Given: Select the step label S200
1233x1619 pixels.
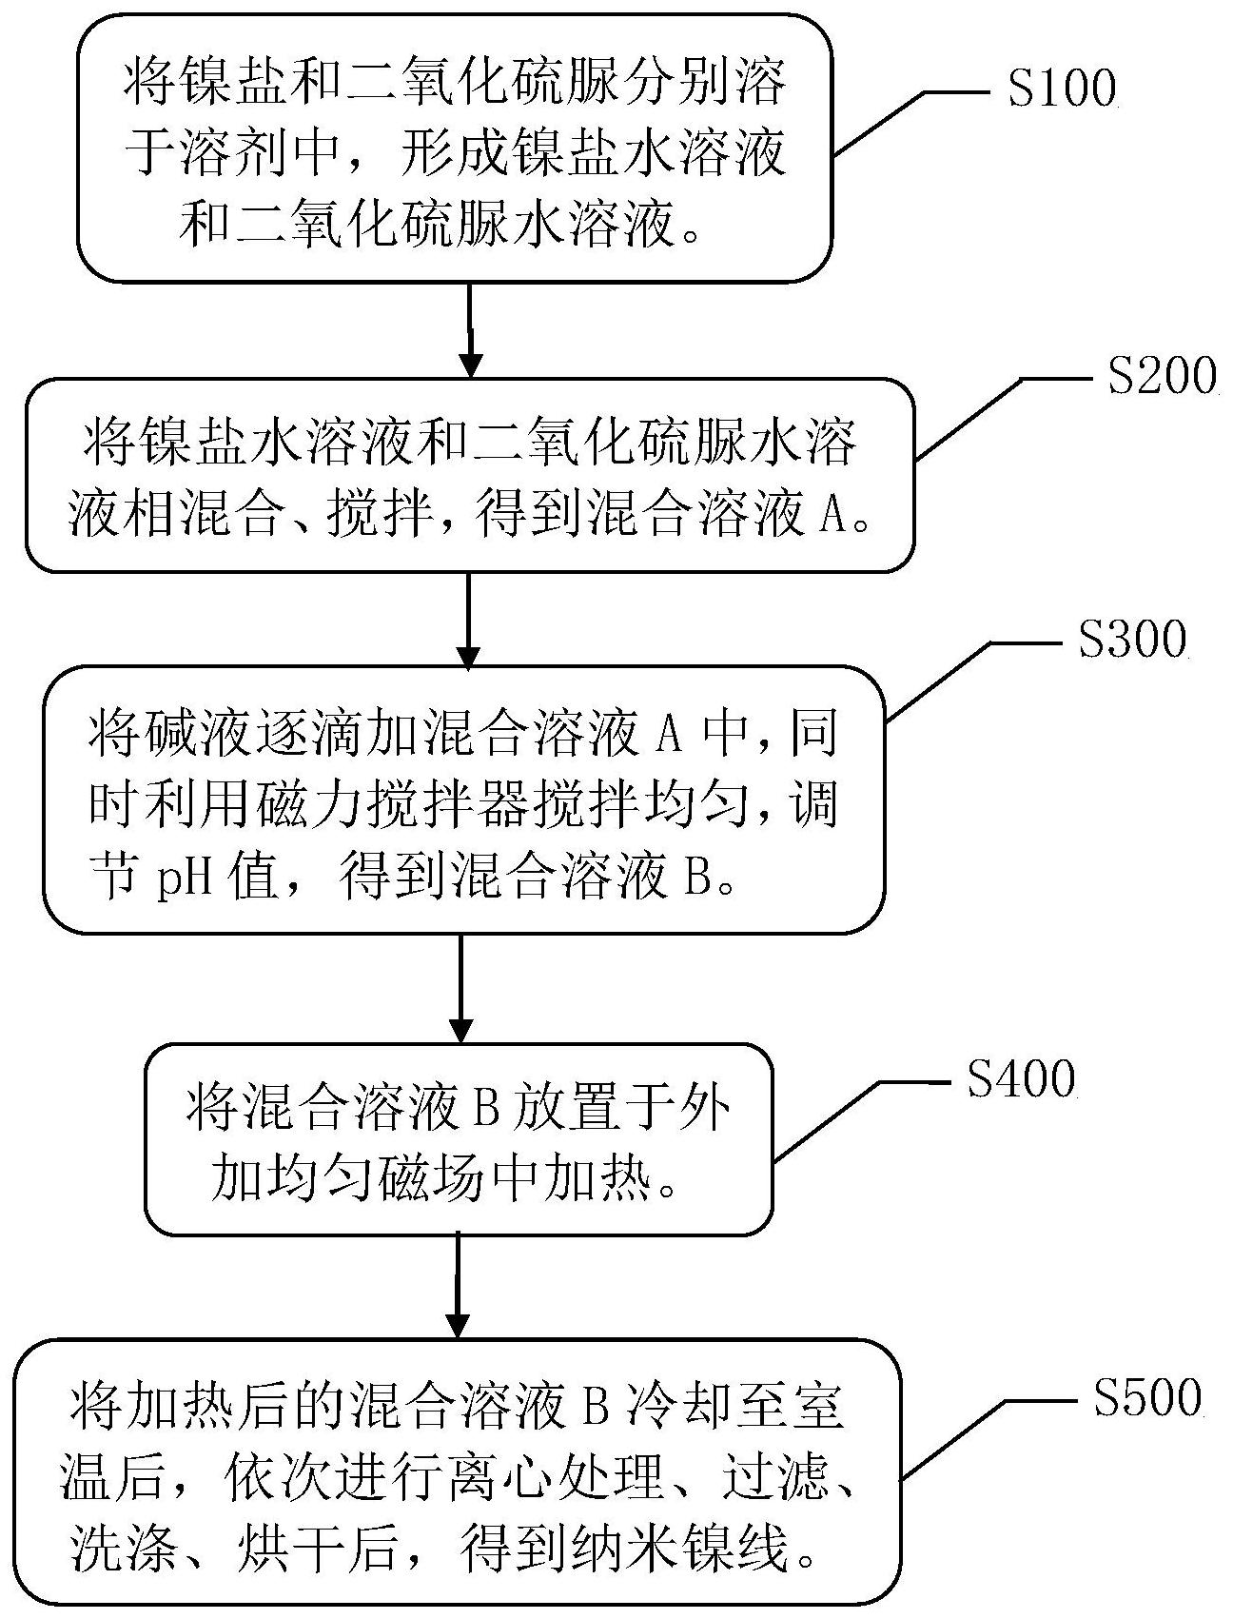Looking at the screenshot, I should pyautogui.click(x=1162, y=378).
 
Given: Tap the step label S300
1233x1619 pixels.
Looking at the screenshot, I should pyautogui.click(x=1132, y=641).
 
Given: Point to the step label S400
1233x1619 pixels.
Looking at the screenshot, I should pyautogui.click(x=1021, y=1079).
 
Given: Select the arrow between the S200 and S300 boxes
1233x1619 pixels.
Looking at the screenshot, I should pyautogui.click(x=467, y=619).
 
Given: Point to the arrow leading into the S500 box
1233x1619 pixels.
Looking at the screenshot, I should pyautogui.click(x=459, y=1286).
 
